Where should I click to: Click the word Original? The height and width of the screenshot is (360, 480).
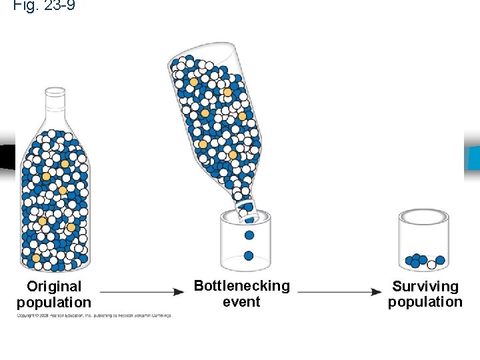click(54, 287)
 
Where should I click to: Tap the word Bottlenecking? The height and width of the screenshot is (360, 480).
click(241, 286)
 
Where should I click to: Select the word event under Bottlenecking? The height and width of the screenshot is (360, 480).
click(241, 301)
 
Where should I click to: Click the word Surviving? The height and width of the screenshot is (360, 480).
click(425, 287)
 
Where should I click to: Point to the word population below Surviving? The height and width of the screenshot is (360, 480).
click(425, 302)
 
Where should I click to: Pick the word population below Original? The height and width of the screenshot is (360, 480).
click(54, 302)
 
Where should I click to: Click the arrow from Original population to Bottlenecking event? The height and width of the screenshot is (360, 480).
click(142, 292)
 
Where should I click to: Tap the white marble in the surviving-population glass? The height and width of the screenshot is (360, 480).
click(431, 265)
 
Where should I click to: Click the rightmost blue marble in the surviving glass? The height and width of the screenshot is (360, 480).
click(440, 260)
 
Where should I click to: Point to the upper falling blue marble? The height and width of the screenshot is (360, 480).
click(249, 235)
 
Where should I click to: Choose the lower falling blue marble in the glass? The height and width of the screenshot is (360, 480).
click(249, 255)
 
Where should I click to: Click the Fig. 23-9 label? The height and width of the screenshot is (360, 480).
click(44, 6)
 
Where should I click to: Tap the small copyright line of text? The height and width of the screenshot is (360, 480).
click(94, 315)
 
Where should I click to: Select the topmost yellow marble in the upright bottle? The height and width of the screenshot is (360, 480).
click(65, 163)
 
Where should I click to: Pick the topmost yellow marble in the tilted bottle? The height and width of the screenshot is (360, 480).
click(193, 81)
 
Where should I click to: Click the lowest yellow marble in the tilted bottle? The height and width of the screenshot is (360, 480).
click(233, 155)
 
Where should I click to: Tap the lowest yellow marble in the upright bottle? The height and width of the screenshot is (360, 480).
click(36, 257)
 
